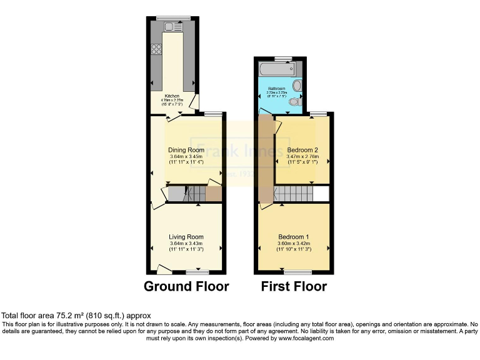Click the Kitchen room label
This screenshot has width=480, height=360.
pos(173,96)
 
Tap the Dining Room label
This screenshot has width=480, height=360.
pos(186,150)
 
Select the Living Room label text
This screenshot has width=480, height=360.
pos(186,237)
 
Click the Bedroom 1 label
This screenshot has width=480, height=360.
pos(294,237)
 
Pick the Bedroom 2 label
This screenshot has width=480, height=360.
pos(302,150)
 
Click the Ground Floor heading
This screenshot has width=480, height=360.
pos(186,286)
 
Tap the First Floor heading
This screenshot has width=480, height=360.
pos(294,286)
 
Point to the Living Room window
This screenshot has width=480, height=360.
pos(198,272)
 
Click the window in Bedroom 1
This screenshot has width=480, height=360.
pos(298,272)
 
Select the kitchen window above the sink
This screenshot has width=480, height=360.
pos(173,17)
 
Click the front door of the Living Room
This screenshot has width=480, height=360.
pos(164,269)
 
